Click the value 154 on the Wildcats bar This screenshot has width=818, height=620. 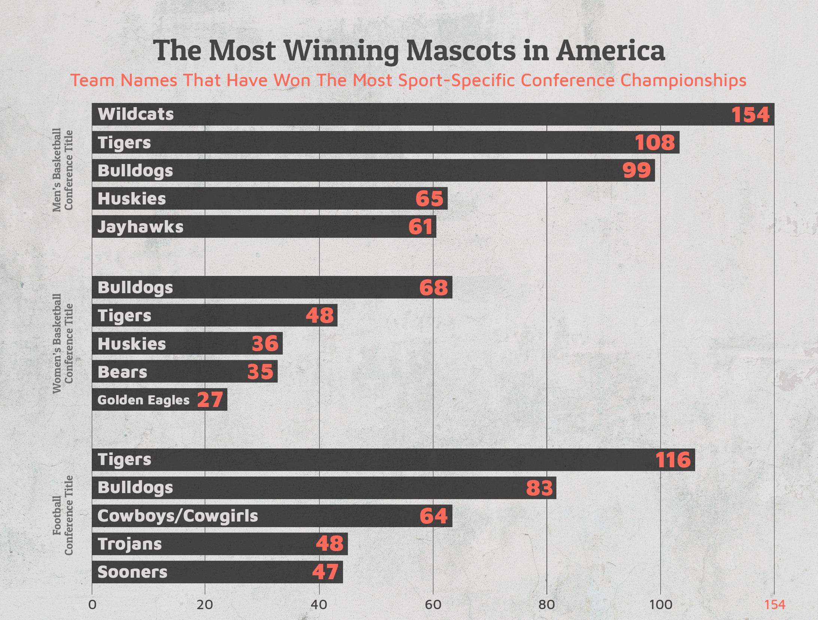click(750, 115)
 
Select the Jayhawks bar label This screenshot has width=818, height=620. click(140, 227)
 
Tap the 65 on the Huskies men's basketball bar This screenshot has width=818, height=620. click(429, 198)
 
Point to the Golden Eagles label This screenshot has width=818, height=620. click(143, 400)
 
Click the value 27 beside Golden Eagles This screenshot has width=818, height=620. click(210, 399)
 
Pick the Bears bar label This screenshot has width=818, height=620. click(122, 372)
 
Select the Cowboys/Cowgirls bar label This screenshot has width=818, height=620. click(178, 516)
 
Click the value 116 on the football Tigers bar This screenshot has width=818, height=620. click(673, 460)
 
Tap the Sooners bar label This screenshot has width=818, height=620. click(132, 572)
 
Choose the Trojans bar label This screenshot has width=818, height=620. click(130, 544)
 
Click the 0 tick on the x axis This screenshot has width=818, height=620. click(92, 605)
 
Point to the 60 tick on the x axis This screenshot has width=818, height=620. click(433, 605)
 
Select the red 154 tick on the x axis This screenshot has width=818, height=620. click(775, 605)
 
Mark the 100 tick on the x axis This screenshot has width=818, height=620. click(660, 605)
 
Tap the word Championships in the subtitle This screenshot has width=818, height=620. click(683, 80)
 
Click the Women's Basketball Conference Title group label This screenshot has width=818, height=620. click(62, 343)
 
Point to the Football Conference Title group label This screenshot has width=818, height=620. click(62, 516)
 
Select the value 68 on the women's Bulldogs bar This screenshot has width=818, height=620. click(433, 288)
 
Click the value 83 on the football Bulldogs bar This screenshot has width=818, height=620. click(539, 488)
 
